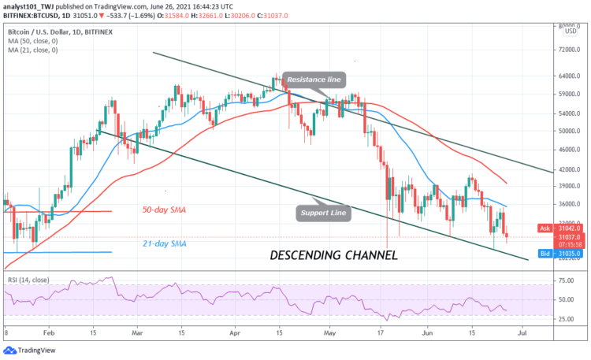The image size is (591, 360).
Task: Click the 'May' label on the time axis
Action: click(x=328, y=333)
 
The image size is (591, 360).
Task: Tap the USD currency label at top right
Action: click(x=569, y=32)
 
